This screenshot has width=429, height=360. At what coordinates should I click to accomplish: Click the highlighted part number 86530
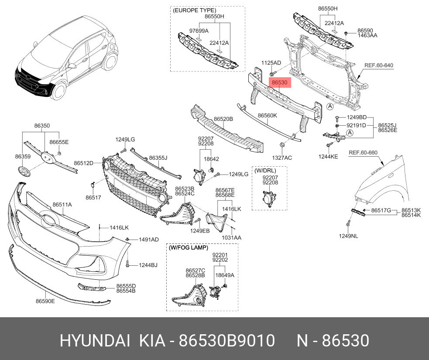[280, 82]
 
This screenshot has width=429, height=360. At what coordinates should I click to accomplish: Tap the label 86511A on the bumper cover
[62, 204]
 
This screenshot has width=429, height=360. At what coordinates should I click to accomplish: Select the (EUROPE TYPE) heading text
[194, 10]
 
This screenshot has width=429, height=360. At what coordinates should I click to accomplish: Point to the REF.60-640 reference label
[379, 65]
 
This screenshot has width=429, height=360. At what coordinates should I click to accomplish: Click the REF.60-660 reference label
[363, 153]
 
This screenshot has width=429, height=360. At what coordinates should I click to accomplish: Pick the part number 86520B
[223, 119]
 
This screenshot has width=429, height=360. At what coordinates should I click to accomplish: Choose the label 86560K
[267, 116]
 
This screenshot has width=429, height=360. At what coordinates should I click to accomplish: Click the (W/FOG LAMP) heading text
[188, 247]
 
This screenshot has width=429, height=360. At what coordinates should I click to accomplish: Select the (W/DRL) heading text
[265, 171]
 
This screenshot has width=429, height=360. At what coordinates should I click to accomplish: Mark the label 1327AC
[282, 158]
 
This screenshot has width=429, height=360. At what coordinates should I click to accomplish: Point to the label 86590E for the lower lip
[45, 301]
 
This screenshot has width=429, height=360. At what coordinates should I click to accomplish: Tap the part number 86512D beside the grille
[83, 163]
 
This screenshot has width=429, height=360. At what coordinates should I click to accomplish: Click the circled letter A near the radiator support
[330, 106]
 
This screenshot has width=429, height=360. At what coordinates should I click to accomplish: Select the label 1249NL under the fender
[348, 236]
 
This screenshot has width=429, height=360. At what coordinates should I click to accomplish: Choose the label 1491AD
[148, 240]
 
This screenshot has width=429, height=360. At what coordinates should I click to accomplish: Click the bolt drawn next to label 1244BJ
[127, 264]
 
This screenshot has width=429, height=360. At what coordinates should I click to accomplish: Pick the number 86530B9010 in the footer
[227, 341]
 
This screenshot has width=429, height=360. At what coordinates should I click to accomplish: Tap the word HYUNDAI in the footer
[95, 341]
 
